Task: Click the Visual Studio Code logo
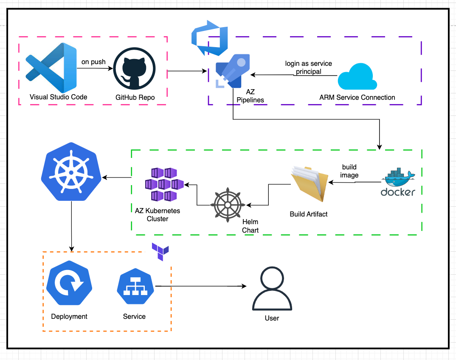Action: tap(51, 67)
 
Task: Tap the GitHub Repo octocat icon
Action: tap(135, 68)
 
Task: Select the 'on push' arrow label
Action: tap(93, 62)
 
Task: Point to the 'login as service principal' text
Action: tap(308, 67)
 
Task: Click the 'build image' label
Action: tap(349, 171)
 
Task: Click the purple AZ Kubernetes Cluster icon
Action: tap(164, 184)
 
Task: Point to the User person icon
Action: tap(272, 290)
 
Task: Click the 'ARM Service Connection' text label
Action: tap(357, 98)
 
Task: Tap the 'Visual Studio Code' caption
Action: tap(58, 97)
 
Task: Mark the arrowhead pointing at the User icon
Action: tap(245, 287)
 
